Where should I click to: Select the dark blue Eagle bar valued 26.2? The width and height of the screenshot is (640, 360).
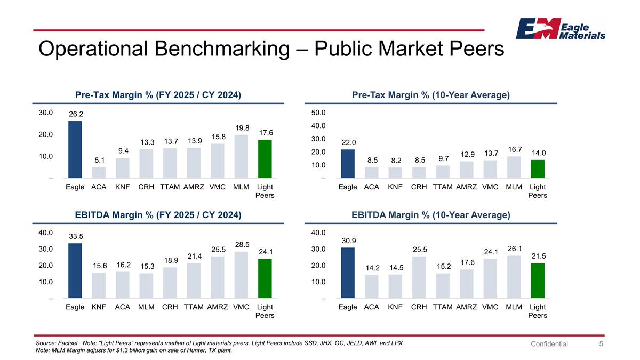coord(75,149)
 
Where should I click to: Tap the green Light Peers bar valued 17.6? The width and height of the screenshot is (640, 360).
coord(265,159)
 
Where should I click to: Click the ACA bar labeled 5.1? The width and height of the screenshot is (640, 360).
coord(99,172)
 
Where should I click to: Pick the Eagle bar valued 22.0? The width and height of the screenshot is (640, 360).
coord(348,163)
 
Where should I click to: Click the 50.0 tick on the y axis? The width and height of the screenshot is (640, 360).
coord(319,113)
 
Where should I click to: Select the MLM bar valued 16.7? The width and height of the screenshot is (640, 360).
coord(514,167)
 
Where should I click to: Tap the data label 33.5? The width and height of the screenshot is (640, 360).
coord(75,236)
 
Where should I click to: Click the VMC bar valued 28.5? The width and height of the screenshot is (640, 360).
coord(241,275)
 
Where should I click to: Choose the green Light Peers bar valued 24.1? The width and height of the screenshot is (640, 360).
coord(265,278)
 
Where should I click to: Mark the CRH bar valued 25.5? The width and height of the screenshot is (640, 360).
coord(419,277)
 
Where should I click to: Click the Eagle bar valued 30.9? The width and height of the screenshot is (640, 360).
coord(348,273)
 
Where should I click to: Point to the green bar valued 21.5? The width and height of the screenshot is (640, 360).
coord(538,280)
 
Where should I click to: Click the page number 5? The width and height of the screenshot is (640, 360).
coord(601,344)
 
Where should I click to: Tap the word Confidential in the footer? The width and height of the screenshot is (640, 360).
coord(549,344)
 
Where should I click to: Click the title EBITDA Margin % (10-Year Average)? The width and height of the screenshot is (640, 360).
coord(431,215)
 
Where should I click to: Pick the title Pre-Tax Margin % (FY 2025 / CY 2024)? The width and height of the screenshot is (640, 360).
coord(158,95)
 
